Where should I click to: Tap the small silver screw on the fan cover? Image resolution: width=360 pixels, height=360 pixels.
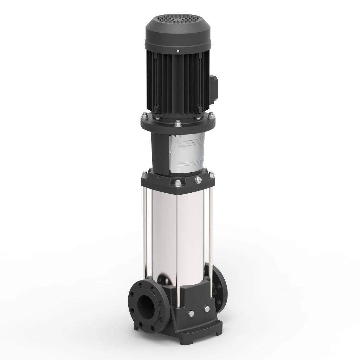coord(178,52)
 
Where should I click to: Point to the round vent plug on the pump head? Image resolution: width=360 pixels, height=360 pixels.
coord(198,180)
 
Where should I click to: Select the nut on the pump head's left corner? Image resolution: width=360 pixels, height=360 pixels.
coord(144,174)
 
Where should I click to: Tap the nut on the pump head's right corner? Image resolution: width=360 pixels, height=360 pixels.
coord(212,174)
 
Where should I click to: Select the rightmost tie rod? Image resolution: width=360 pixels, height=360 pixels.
coord(211,232)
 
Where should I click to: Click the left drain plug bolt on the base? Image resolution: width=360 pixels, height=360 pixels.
coord(191,314)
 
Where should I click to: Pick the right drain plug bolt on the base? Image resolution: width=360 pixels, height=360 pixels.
coord(207,309)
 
